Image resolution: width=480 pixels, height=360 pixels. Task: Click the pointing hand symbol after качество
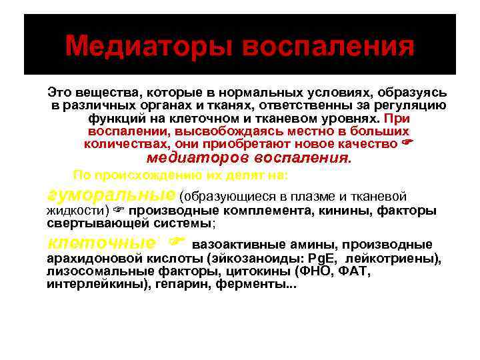tap(410, 143)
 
